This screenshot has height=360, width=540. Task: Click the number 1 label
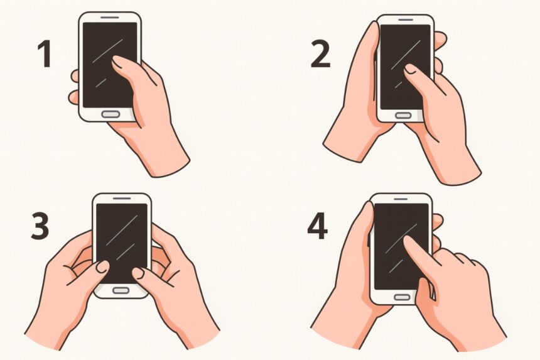point(45,54)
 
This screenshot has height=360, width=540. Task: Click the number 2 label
point(321,54)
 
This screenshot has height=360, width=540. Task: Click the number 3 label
point(40,226)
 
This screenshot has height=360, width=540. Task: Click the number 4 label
point(318,226)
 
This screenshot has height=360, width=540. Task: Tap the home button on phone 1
point(111,114)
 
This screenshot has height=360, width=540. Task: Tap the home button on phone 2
point(403,116)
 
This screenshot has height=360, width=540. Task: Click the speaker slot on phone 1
point(110,17)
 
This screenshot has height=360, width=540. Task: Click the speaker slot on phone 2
point(406,19)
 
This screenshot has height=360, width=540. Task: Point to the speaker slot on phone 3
point(122,199)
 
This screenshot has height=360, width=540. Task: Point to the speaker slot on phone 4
point(401,199)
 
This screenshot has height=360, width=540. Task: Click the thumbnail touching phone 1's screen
point(118,62)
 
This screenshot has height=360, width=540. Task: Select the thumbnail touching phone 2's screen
point(410,69)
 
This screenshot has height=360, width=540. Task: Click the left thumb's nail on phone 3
point(102,266)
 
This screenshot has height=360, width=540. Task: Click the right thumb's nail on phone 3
point(138,273)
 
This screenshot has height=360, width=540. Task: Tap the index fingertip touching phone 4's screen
point(408,241)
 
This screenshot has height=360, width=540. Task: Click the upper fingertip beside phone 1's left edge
point(75,76)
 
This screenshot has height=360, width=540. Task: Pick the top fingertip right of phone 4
point(438,221)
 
